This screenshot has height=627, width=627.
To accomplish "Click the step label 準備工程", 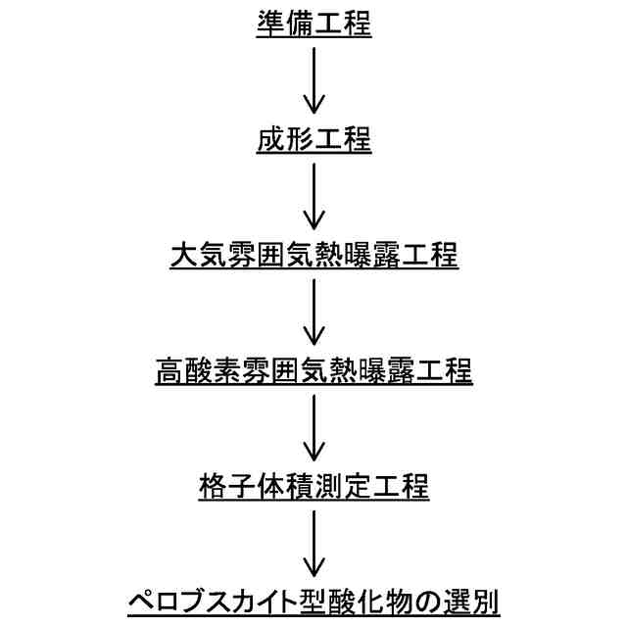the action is coord(313,24).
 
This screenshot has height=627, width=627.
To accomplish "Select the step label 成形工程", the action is coord(313,140).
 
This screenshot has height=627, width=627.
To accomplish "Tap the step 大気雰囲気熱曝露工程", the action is coord(313,257).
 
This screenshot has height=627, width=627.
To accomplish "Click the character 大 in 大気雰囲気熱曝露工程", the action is coord(183,257).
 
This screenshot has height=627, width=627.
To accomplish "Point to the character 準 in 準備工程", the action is coord(269,24).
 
